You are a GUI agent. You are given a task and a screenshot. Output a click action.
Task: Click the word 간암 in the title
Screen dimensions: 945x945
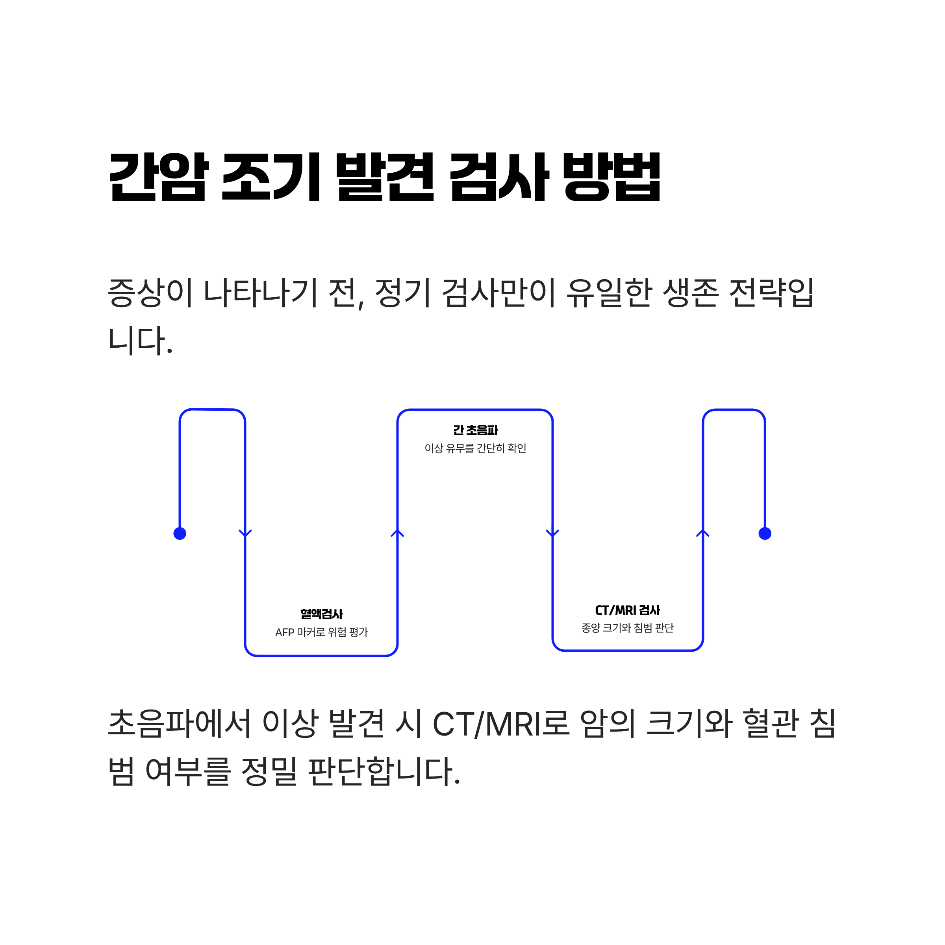[158, 177]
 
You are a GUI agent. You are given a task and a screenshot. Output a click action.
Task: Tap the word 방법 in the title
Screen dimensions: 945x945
[612, 177]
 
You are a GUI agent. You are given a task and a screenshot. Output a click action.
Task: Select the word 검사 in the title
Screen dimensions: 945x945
[499, 177]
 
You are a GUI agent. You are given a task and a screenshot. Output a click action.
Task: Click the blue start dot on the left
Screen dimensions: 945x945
[180, 534]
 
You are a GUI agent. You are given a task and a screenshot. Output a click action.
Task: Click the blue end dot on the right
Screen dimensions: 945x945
[765, 534]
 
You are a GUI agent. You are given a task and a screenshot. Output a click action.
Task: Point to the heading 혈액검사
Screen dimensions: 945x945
[321, 614]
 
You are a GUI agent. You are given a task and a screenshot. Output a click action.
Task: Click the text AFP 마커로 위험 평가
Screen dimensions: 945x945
[321, 632]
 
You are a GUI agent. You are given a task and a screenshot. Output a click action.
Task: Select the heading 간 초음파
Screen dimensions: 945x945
[475, 430]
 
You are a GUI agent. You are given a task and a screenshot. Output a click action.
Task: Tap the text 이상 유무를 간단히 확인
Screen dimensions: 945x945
[475, 448]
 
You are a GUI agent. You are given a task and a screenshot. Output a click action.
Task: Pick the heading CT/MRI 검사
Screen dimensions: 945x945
[628, 610]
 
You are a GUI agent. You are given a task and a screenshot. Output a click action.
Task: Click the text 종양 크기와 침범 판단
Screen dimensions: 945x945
[628, 628]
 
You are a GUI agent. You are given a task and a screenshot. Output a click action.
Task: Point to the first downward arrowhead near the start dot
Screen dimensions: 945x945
[245, 533]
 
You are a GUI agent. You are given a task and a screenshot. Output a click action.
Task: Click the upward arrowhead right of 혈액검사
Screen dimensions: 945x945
[397, 533]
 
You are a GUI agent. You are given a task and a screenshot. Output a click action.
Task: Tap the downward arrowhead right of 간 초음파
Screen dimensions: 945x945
[552, 533]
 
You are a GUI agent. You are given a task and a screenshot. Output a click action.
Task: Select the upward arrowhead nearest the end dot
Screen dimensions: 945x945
[703, 533]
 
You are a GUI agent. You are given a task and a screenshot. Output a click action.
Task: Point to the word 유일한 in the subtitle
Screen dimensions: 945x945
[609, 293]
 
